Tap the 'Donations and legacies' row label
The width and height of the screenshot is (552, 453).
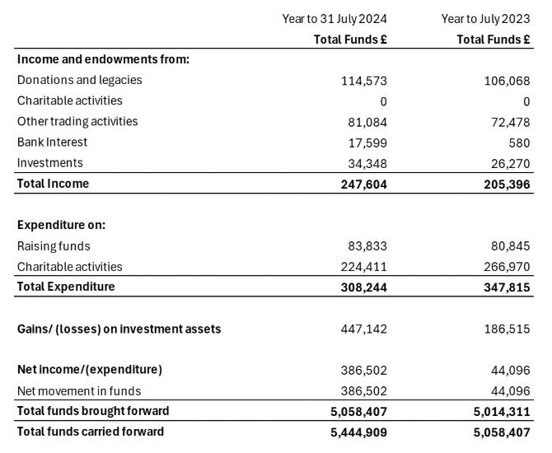point(79,80)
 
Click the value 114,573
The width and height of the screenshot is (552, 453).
point(363,81)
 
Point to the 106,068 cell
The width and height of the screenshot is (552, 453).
point(507,81)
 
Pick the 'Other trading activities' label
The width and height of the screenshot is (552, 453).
point(77,121)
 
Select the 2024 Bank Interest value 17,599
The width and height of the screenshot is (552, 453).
point(367,142)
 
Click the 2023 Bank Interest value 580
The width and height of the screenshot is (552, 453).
point(520,142)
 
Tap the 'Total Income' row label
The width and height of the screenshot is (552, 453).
point(53,183)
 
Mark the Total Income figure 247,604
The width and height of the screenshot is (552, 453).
point(363,184)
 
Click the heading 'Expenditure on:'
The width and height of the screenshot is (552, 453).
point(61,225)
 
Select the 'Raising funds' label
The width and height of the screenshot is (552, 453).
point(54,245)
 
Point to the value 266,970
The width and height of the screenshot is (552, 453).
point(507,267)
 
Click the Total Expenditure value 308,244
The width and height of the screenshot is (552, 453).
point(363,287)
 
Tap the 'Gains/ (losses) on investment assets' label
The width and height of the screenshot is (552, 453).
point(119,329)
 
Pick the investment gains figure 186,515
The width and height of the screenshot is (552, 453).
point(507,329)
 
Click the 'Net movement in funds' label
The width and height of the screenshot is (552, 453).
point(78,390)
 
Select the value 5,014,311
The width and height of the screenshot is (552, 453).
point(500,411)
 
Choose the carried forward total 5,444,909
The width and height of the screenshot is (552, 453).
point(358,432)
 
